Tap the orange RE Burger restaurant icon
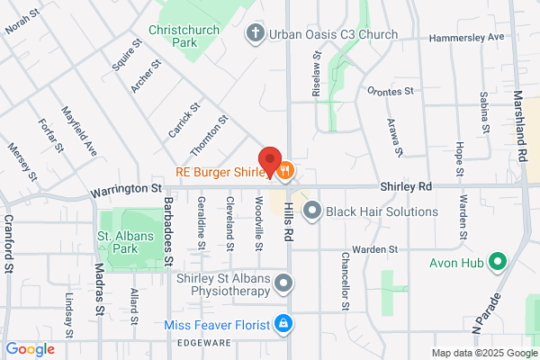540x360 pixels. pyautogui.click(x=285, y=171)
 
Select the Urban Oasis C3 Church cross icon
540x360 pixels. pyautogui.click(x=255, y=34)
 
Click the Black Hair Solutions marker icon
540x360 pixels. pyautogui.click(x=312, y=211)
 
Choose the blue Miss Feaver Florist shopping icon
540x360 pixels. pyautogui.click(x=283, y=322)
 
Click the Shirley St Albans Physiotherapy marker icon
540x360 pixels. pyautogui.click(x=283, y=284)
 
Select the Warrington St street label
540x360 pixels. pyautogui.click(x=125, y=190)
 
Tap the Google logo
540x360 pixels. pyautogui.click(x=30, y=349)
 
